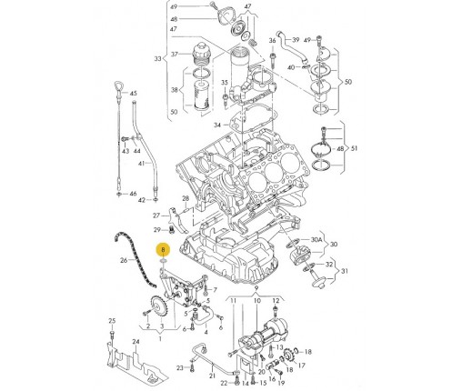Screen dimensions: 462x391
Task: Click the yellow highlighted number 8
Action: click(x=163, y=250)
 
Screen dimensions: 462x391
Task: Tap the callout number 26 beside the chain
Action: click(x=124, y=260)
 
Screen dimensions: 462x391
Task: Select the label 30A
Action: click(x=316, y=239)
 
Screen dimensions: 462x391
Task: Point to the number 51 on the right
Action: click(x=354, y=148)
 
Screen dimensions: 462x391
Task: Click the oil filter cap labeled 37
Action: click(x=201, y=53)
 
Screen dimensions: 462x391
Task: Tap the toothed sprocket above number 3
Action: click(x=158, y=307)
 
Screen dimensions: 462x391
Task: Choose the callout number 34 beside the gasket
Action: click(x=217, y=125)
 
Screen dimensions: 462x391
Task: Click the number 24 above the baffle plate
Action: click(x=136, y=342)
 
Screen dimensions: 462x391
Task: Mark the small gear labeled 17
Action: click(x=288, y=357)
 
